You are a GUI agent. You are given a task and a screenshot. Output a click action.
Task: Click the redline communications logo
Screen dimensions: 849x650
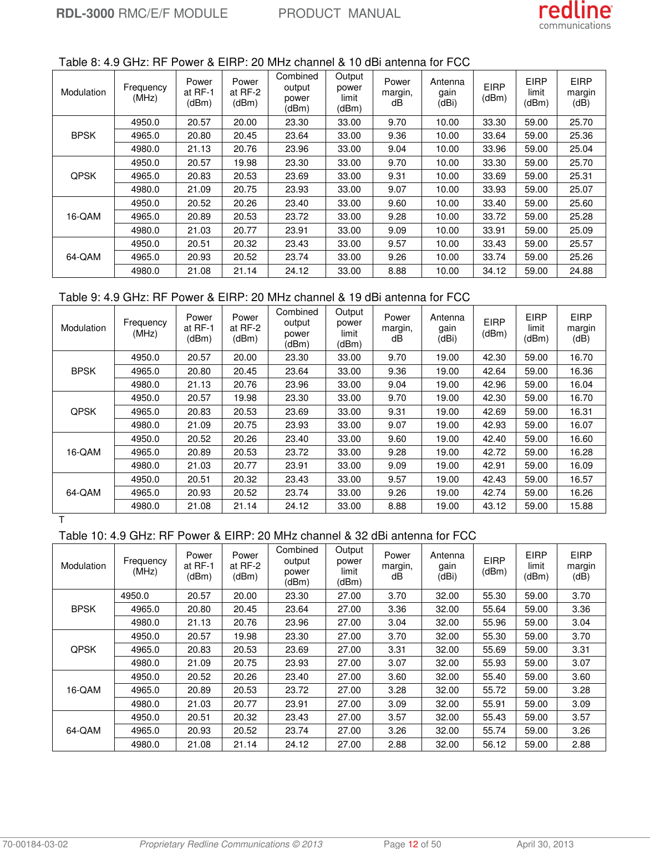[x=575, y=15]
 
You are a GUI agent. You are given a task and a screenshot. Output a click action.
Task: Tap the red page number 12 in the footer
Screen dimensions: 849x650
[x=413, y=844]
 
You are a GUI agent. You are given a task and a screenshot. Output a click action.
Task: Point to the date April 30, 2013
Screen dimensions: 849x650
[x=545, y=844]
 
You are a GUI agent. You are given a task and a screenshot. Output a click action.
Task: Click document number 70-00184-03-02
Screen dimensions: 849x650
[x=35, y=844]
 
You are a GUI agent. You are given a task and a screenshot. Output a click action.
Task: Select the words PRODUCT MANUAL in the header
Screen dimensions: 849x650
[x=339, y=13]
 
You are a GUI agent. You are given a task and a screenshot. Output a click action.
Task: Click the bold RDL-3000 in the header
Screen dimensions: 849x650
[x=85, y=13]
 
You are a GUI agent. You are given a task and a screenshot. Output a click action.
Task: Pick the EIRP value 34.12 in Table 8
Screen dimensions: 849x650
[x=494, y=271]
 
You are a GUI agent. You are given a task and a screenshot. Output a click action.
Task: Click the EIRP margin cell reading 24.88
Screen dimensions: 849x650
[x=581, y=271]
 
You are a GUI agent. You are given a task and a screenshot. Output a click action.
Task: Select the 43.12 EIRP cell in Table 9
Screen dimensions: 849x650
[x=494, y=506]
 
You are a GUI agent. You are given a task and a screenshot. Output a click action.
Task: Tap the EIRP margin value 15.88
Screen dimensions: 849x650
[x=581, y=506]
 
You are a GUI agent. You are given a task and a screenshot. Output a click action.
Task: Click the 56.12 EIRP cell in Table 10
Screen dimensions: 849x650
[x=494, y=745]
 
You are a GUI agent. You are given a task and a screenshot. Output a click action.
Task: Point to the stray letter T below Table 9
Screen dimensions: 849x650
[x=62, y=520]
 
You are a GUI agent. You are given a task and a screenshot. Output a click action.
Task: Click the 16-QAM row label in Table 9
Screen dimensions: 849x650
[x=83, y=453]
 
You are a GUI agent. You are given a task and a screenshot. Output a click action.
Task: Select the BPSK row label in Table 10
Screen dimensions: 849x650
[x=83, y=609]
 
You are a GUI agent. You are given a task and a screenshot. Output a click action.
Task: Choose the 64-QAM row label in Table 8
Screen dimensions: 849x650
[x=83, y=257]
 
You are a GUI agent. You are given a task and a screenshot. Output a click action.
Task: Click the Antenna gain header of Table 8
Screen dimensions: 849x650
[x=447, y=92]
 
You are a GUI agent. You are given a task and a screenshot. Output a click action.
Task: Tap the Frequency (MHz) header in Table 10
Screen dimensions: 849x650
[x=145, y=566]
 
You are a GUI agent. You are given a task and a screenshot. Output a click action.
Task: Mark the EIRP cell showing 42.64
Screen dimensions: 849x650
[x=494, y=372]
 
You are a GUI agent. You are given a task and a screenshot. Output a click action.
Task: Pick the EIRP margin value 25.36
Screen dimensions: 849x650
[x=581, y=136]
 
